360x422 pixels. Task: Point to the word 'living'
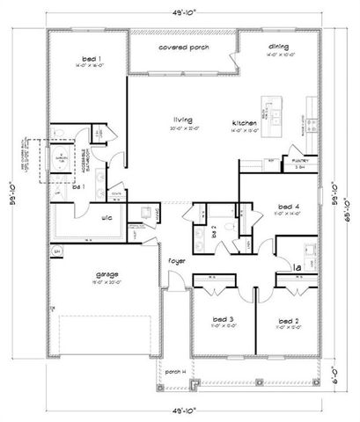(181, 120)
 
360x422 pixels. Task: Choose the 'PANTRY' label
(300, 160)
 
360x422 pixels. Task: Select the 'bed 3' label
(222, 319)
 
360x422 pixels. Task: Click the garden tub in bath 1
(62, 159)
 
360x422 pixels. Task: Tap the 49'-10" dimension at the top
(180, 11)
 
